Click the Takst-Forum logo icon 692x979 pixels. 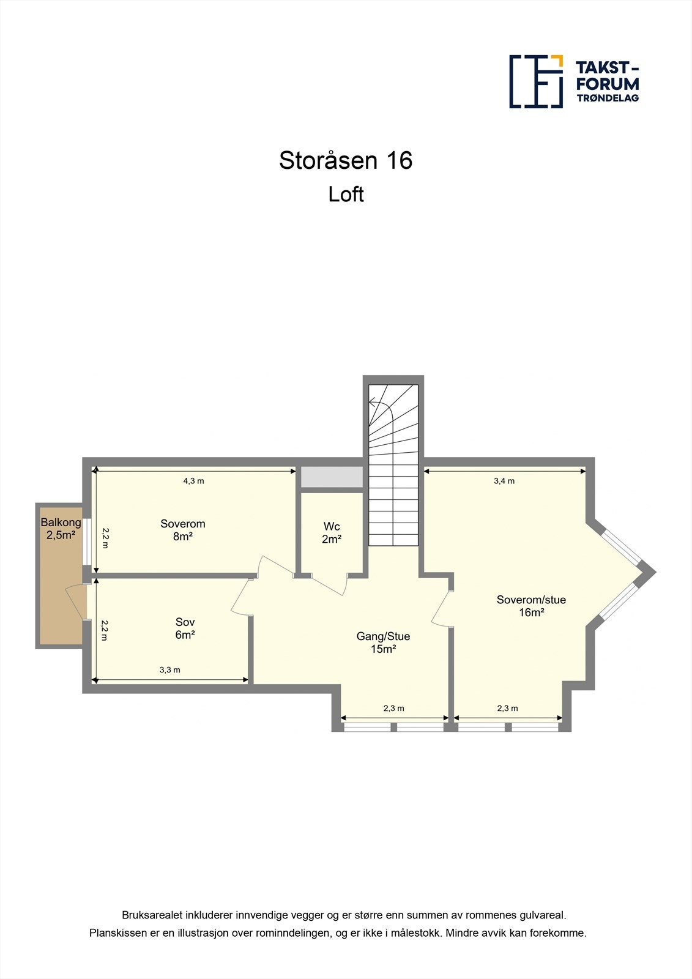coord(536,81)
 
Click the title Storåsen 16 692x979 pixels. coord(346,160)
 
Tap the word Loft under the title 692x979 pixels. coord(346,195)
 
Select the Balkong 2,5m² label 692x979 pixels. coord(61,529)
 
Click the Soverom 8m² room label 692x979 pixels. coord(182,530)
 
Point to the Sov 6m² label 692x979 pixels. coord(185,629)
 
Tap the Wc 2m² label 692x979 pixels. coord(332,533)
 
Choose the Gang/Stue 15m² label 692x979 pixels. coord(383,642)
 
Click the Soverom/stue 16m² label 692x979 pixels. coord(531,606)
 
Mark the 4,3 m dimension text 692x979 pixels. coord(193,481)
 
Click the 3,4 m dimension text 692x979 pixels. coord(504,481)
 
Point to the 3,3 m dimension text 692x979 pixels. coord(169,670)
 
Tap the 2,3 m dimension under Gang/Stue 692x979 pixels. coord(393,709)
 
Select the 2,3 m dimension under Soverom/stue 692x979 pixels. coord(507,709)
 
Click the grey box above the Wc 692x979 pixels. coord(331,477)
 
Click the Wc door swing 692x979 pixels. coord(330,585)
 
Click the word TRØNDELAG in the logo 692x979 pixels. coord(607,98)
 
